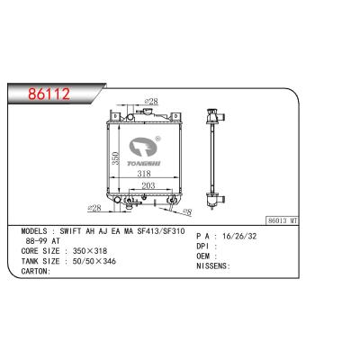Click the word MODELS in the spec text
pos(37,231)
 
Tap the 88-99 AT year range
pos(40,243)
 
